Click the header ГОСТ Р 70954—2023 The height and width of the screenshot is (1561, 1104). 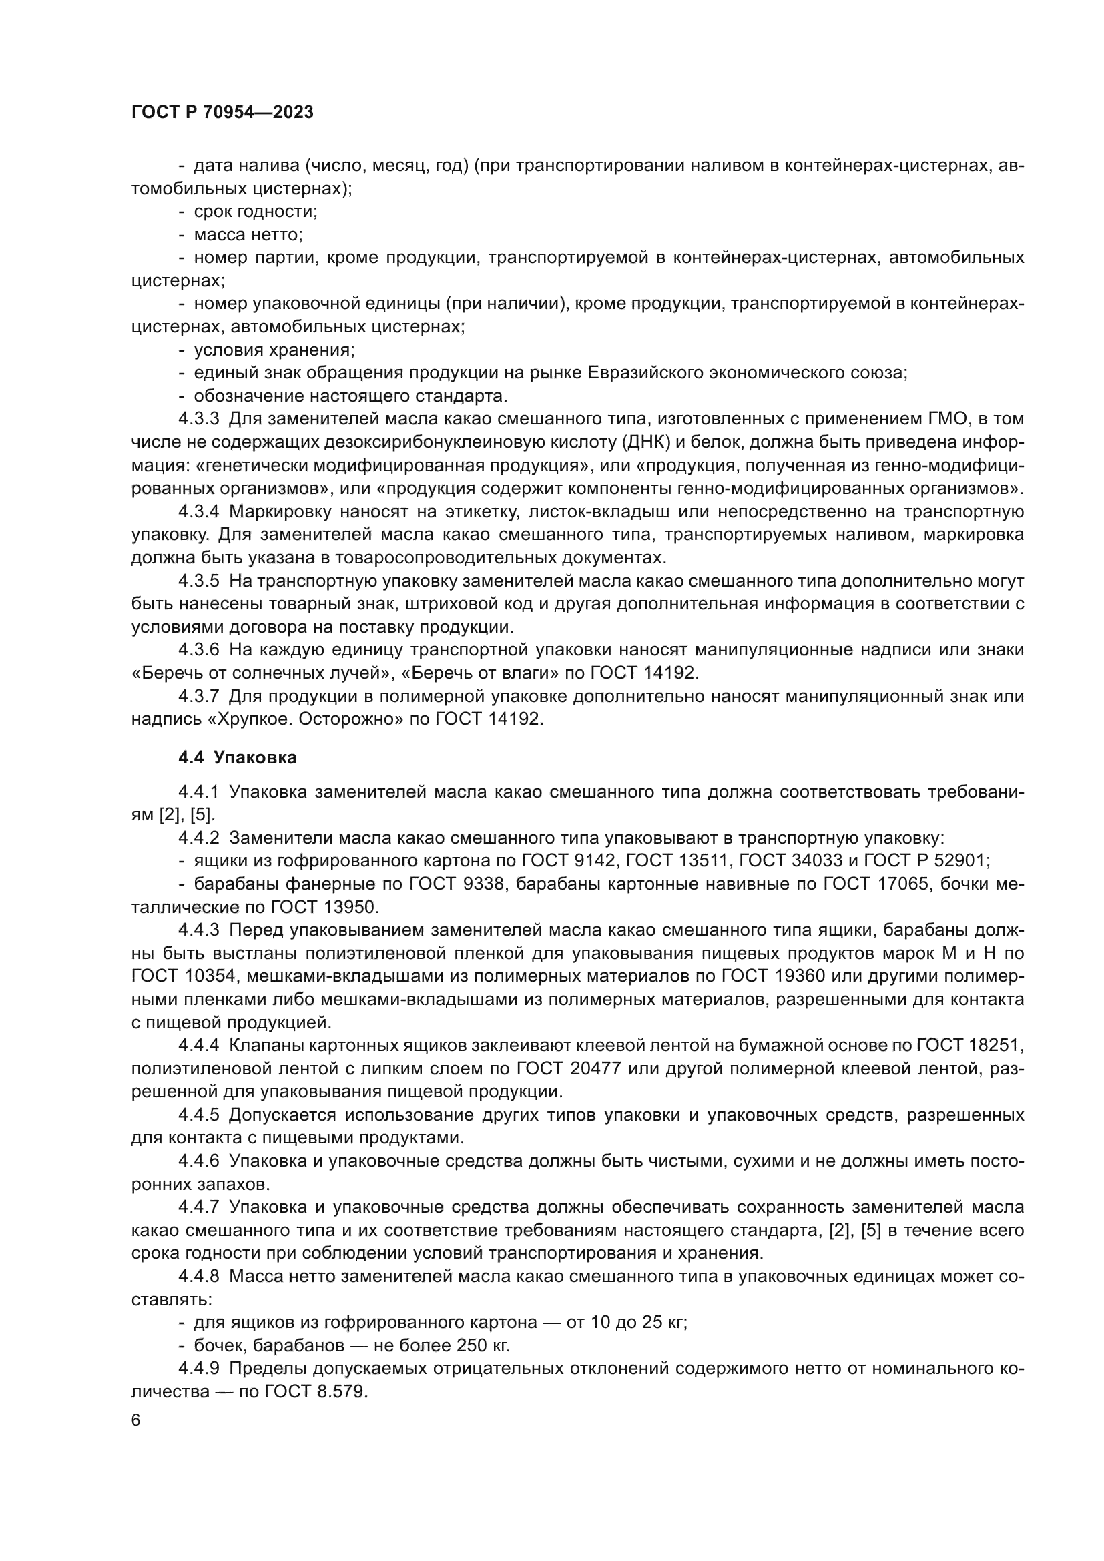[x=222, y=113]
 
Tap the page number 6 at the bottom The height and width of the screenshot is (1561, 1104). [x=136, y=1420]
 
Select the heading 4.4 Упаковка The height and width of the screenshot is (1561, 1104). [x=237, y=757]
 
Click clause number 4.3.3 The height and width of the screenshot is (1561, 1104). [x=198, y=419]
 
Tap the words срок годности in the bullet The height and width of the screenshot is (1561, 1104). [x=255, y=212]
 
